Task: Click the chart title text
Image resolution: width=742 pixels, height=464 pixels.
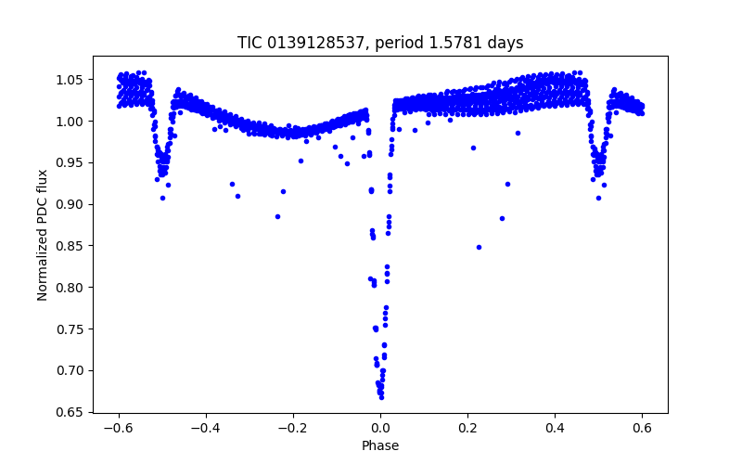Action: click(x=380, y=43)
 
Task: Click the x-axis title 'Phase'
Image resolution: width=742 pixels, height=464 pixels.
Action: click(x=380, y=445)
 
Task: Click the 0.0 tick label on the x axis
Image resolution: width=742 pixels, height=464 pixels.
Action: click(x=380, y=429)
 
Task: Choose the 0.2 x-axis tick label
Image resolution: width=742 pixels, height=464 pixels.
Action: click(x=467, y=429)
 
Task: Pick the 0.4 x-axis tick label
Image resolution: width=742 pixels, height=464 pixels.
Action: click(x=555, y=429)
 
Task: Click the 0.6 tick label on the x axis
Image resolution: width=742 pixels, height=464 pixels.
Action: click(x=642, y=429)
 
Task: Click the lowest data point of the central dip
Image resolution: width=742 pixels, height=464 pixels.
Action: click(x=381, y=397)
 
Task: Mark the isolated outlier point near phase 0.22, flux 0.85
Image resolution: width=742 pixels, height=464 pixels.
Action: click(x=479, y=247)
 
